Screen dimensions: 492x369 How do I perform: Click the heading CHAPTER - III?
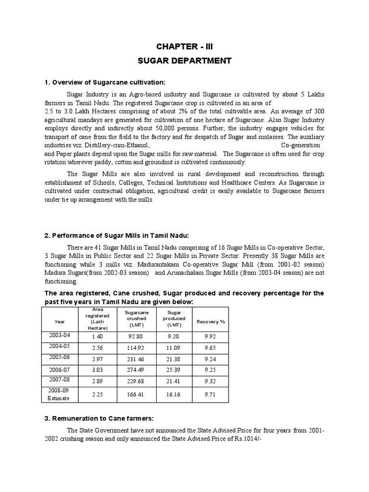184,47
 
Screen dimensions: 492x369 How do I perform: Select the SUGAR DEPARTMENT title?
184,61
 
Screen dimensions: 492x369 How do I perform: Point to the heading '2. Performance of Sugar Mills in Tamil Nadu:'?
117,235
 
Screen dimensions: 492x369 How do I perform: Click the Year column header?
60,321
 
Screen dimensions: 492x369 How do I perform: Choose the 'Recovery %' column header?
210,321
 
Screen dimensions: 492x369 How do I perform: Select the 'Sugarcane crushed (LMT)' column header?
136,319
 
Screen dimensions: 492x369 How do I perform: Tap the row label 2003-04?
59,335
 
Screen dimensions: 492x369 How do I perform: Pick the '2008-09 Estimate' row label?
59,394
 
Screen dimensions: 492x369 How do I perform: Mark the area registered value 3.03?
98,370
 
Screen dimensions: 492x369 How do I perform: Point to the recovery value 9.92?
210,336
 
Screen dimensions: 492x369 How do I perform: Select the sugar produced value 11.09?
174,347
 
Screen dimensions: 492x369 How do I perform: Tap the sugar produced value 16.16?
174,394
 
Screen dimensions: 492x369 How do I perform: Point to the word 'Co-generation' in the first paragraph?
301,145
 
